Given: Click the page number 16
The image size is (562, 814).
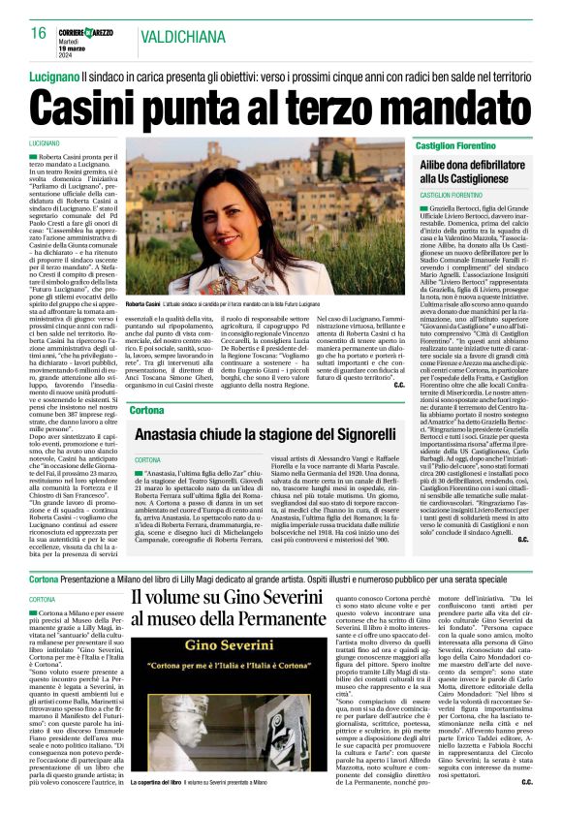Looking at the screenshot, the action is pyautogui.click(x=38, y=34).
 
